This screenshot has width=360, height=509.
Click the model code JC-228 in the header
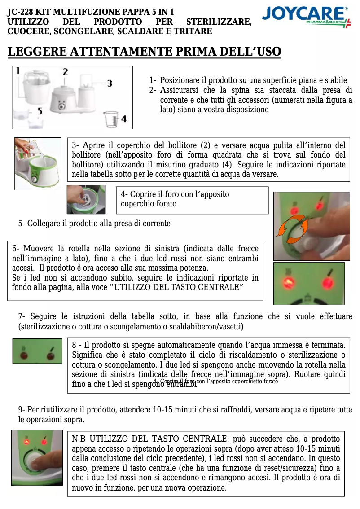[x=22, y=12]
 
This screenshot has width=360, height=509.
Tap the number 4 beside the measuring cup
[x=124, y=119]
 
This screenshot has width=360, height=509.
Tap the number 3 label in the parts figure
[x=109, y=83]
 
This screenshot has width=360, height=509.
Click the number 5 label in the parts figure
[x=40, y=110]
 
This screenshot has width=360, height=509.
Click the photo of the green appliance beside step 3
[x=38, y=163]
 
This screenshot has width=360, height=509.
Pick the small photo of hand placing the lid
[x=86, y=199]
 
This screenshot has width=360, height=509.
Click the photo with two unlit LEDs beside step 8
[x=37, y=351]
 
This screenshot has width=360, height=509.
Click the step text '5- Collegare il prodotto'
[x=94, y=224]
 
